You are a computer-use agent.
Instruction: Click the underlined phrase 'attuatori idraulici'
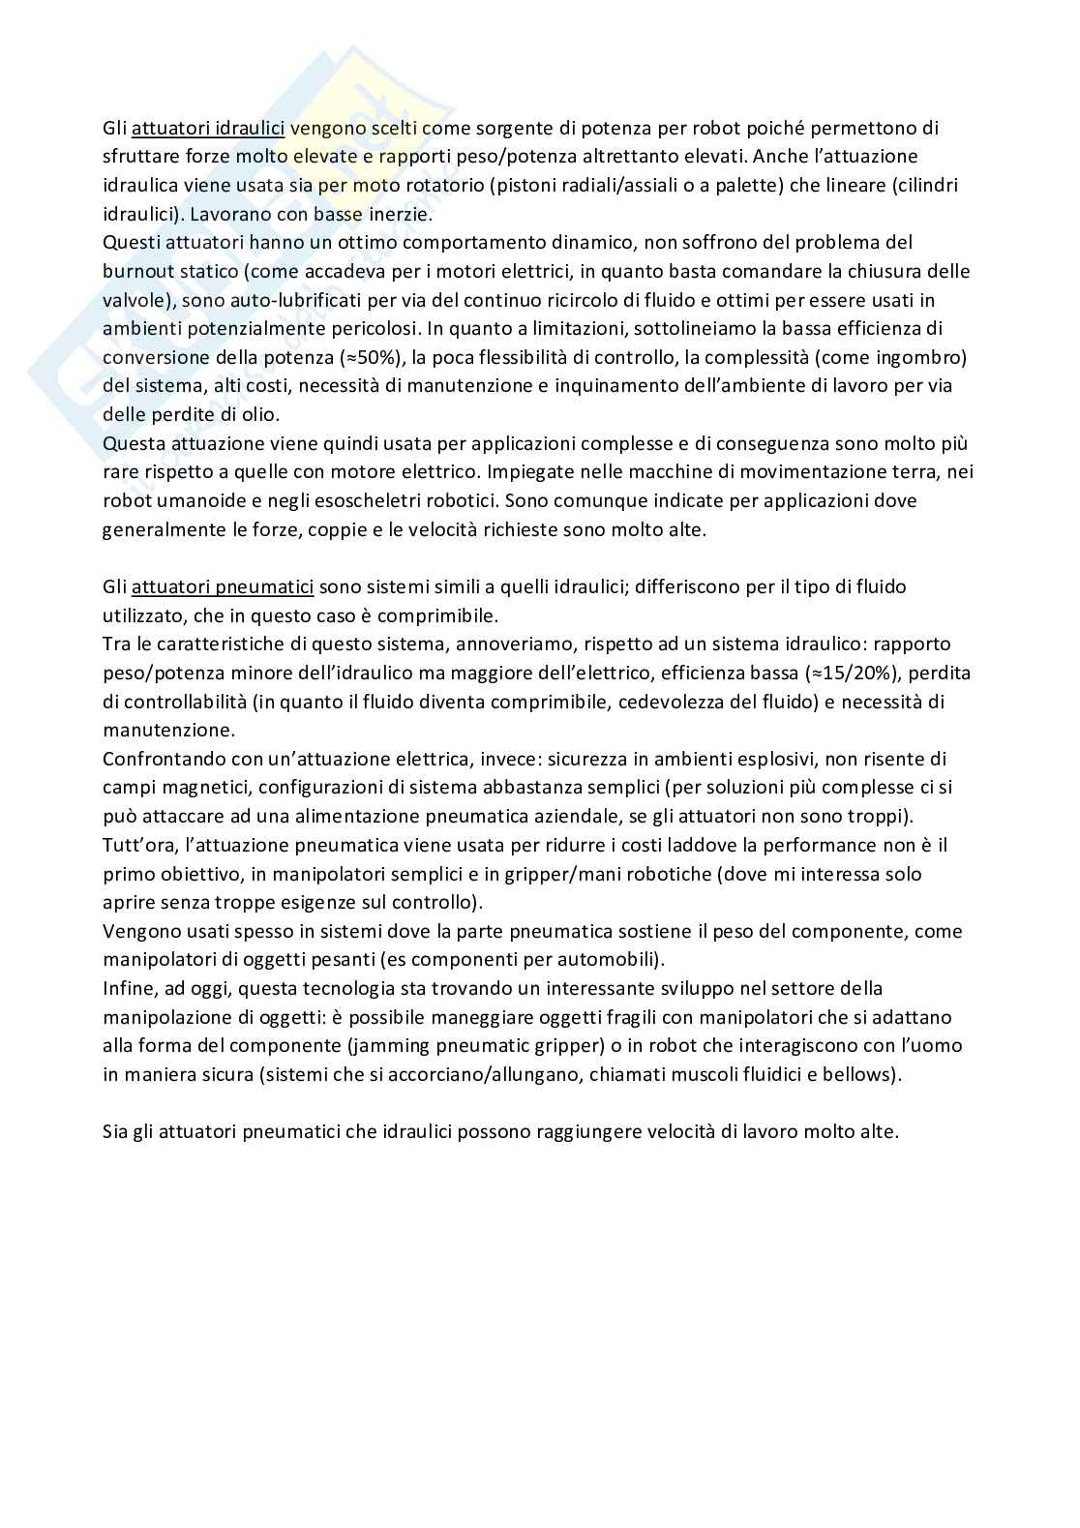[x=207, y=128]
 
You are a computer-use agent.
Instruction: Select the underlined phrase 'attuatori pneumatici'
[x=223, y=586]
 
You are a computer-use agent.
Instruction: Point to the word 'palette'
[x=745, y=185]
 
